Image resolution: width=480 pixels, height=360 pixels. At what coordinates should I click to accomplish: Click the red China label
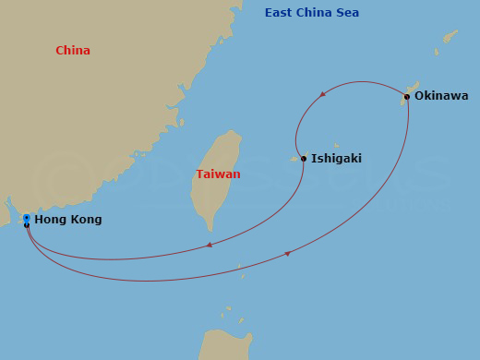click(x=73, y=51)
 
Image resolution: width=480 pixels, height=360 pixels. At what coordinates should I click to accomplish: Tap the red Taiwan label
click(x=218, y=174)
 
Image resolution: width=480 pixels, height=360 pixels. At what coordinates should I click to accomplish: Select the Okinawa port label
click(x=441, y=96)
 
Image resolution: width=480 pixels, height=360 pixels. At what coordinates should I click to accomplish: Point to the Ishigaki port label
click(x=336, y=159)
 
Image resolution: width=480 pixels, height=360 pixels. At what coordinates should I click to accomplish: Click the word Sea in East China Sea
click(x=347, y=13)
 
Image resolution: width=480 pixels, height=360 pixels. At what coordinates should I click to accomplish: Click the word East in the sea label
click(x=280, y=13)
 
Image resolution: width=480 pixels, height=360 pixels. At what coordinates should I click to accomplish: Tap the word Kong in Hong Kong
click(x=84, y=220)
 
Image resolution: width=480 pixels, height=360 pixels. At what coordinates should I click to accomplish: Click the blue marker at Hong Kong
click(x=27, y=218)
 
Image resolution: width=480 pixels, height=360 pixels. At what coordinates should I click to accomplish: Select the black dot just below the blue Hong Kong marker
click(x=27, y=225)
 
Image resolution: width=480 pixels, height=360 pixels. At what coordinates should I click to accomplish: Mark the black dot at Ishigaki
click(x=304, y=158)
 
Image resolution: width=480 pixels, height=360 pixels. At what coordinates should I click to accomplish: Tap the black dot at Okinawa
click(x=407, y=96)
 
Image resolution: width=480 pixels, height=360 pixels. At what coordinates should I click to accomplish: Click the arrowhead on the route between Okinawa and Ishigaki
click(x=321, y=94)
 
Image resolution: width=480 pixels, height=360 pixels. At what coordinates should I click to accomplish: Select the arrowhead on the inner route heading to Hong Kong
click(x=210, y=245)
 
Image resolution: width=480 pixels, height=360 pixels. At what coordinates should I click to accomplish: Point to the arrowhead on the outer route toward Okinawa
click(x=287, y=253)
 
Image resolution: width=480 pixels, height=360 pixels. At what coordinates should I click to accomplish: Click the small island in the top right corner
click(x=450, y=36)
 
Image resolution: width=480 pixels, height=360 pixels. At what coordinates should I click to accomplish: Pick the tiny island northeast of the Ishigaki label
click(x=336, y=145)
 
